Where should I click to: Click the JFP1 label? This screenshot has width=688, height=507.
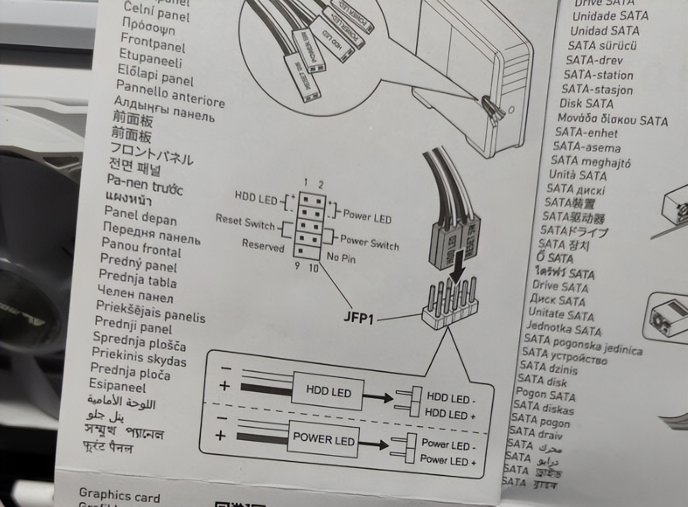pyautogui.click(x=359, y=317)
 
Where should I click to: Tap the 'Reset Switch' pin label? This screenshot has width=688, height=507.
pyautogui.click(x=245, y=221)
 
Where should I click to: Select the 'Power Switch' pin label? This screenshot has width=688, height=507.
pyautogui.click(x=369, y=242)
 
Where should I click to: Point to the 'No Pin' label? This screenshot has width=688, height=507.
pyautogui.click(x=341, y=258)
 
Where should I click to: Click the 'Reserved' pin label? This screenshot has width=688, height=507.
pyautogui.click(x=263, y=245)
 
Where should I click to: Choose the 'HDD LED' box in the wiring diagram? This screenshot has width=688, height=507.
pyautogui.click(x=328, y=391)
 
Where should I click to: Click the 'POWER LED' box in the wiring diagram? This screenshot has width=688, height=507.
pyautogui.click(x=324, y=439)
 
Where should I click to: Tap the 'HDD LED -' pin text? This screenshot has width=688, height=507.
pyautogui.click(x=451, y=399)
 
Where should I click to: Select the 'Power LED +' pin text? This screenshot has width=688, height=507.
pyautogui.click(x=448, y=461)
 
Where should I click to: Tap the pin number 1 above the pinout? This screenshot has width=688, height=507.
pyautogui.click(x=305, y=182)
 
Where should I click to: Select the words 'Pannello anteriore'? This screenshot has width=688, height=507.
pyautogui.click(x=170, y=94)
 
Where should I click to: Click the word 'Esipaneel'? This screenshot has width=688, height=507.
pyautogui.click(x=118, y=385)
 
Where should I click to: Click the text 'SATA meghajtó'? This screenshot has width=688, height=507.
pyautogui.click(x=590, y=161)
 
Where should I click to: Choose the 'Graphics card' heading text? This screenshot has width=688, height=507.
pyautogui.click(x=119, y=495)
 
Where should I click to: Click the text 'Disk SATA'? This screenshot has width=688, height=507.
pyautogui.click(x=586, y=104)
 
